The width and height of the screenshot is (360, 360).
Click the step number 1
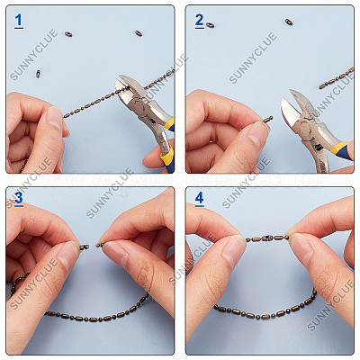pyautogui.click(x=19, y=19)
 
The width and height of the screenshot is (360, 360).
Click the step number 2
pyautogui.click(x=200, y=19)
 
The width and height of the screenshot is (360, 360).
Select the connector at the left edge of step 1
pyautogui.click(x=38, y=74)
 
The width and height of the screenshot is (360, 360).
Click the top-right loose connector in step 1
pyautogui.click(x=139, y=33)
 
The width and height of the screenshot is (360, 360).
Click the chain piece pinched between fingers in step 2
pyautogui.click(x=267, y=118)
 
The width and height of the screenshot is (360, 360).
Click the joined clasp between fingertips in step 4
pyautogui.click(x=267, y=238)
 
